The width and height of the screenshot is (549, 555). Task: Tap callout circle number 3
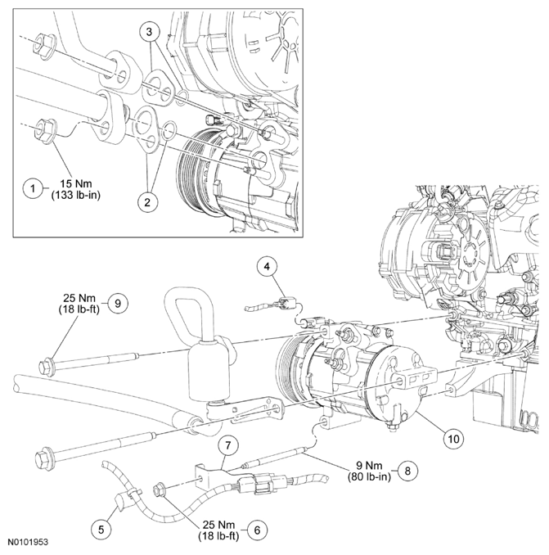tap(148, 34)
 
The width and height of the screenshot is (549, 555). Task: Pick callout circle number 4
tap(268, 265)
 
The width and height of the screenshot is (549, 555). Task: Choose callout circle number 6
tap(256, 529)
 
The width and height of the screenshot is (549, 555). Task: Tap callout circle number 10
tap(451, 437)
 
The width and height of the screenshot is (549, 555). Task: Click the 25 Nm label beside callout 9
tap(78, 297)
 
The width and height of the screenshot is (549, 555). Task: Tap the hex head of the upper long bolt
tap(47, 363)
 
